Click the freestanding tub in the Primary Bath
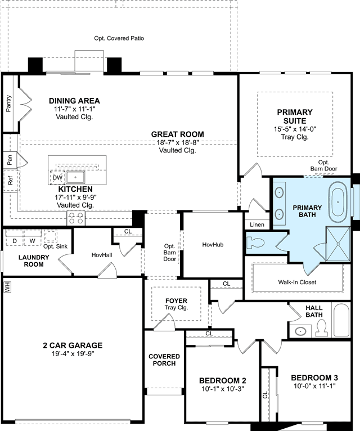tap(337, 203)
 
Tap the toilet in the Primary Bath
tap(255, 243)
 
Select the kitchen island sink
tap(75, 177)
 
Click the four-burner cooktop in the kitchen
tap(76, 218)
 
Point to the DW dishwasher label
tap(57, 178)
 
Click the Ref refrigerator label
tap(11, 181)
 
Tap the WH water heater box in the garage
tap(7, 288)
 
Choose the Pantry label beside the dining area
tap(9, 104)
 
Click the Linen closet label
tap(257, 225)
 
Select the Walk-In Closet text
tap(297, 282)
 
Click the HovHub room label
tap(213, 245)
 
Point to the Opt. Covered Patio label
tap(119, 38)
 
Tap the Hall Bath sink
tap(300, 331)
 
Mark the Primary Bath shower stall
tap(337, 244)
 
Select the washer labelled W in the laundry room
tap(33, 241)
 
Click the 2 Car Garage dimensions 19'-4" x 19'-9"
tap(73, 354)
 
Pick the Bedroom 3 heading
tap(314, 378)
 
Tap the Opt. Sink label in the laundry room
tap(55, 246)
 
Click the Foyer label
tap(176, 300)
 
